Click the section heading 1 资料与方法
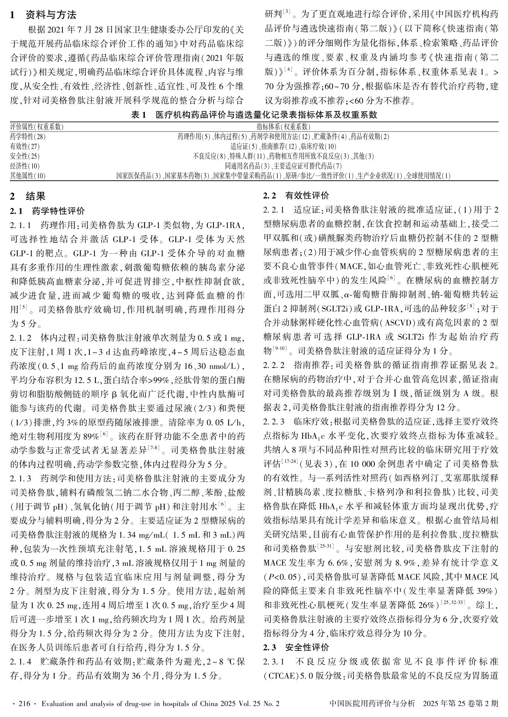[x=43, y=15]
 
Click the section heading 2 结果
[x=28, y=196]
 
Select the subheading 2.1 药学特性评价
[x=48, y=211]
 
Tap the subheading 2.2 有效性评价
[x=296, y=196]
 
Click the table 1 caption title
[x=254, y=115]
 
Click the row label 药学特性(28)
[x=28, y=137]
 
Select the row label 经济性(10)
[x=25, y=166]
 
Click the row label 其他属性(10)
[x=28, y=176]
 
